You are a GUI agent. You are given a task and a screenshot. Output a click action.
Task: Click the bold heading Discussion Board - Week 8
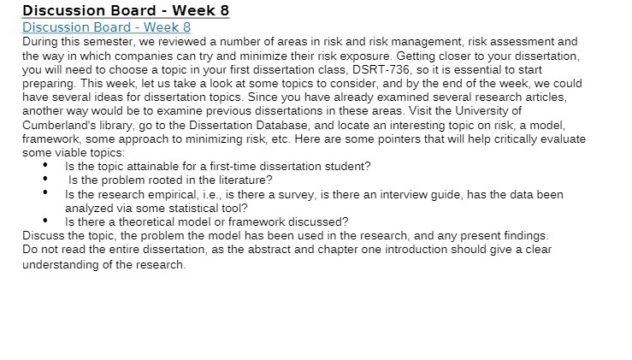point(126,11)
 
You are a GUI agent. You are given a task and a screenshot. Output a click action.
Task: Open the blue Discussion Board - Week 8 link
point(106,27)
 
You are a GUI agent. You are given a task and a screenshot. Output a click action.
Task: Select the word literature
point(243,180)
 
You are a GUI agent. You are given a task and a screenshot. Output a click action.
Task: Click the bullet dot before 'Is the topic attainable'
point(45,166)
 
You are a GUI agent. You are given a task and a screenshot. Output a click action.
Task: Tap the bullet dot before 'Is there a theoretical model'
point(45,221)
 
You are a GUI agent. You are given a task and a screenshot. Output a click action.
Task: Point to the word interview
point(426,194)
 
